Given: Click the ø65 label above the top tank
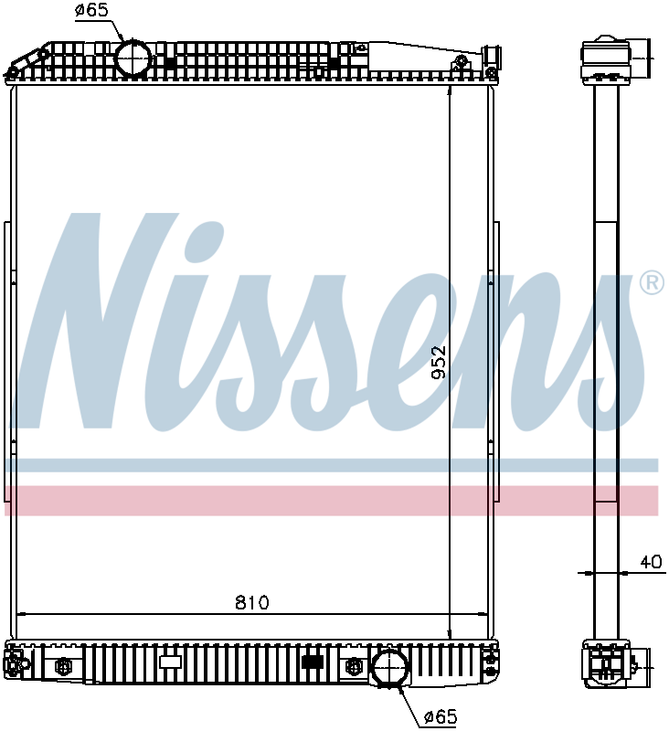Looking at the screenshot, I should (x=91, y=10).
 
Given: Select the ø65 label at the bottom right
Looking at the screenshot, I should (x=439, y=717).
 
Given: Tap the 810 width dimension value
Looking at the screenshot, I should (x=251, y=602).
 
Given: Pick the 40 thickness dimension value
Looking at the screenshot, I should (x=650, y=562).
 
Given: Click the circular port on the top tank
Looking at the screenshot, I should (x=133, y=58).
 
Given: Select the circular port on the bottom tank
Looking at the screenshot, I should (x=389, y=666).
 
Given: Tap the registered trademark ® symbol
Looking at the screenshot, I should (x=651, y=283).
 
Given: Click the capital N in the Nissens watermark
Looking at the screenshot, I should (x=101, y=320).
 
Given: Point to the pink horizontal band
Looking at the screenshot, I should (x=329, y=500).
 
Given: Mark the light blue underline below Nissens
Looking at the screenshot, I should (x=329, y=465).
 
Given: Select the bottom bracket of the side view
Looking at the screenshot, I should (x=608, y=662).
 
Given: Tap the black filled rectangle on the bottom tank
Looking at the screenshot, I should (x=313, y=662).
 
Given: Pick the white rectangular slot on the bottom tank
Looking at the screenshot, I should (x=171, y=662).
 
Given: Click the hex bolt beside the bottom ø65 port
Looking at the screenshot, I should (x=353, y=666).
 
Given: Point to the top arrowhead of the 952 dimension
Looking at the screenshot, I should (x=450, y=90).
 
